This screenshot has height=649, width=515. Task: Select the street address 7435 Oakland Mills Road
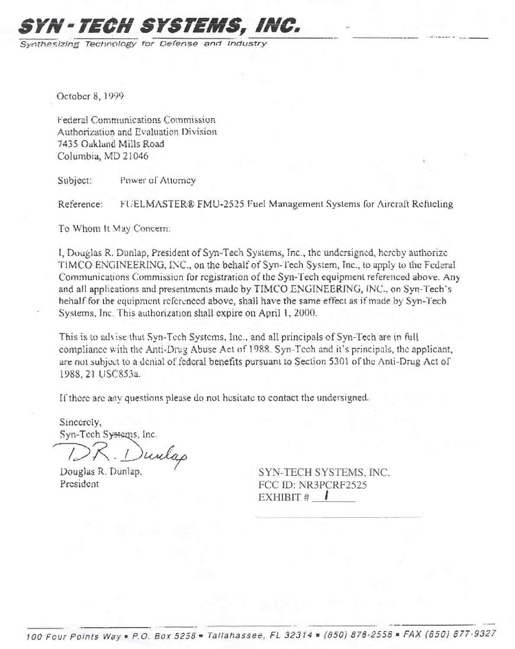(110, 143)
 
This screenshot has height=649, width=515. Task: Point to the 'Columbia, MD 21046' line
(102, 155)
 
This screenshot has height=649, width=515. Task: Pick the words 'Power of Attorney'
(157, 181)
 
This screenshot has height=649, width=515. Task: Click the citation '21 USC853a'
(113, 354)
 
